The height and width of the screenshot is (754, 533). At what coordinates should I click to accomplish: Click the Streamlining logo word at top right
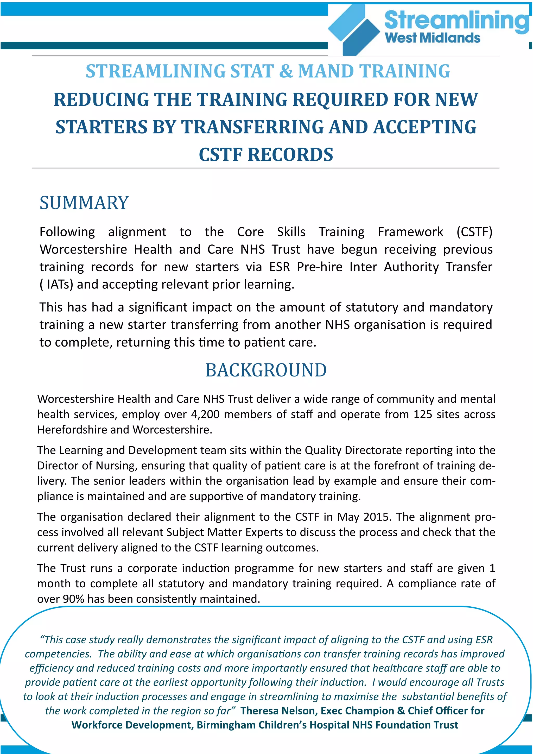[456, 20]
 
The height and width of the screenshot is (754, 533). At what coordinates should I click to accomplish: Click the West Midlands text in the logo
[432, 38]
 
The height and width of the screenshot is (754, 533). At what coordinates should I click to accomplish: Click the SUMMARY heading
[84, 203]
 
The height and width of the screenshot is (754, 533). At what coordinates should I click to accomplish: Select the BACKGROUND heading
[266, 370]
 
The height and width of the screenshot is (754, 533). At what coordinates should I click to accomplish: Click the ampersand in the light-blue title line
[286, 71]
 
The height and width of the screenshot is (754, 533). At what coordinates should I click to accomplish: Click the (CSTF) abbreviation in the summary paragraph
[474, 232]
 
